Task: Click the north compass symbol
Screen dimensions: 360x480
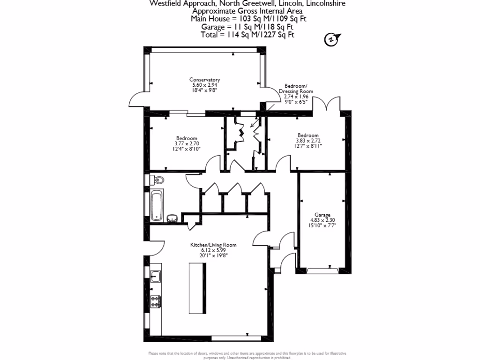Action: pos(331,40)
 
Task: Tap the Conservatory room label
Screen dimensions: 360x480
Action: pos(204,80)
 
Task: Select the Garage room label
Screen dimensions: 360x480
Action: pos(323,215)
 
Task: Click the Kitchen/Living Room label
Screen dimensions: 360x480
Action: pos(213,245)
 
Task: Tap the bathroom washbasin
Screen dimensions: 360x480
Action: pos(171,218)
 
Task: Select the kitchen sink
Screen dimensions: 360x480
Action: pos(155,277)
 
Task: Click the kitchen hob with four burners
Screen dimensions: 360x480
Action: pos(156,301)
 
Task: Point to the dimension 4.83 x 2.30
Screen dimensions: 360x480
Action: pos(323,220)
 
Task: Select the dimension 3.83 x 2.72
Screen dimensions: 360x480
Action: pos(308,140)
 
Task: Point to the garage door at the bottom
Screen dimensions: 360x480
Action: pos(323,270)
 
